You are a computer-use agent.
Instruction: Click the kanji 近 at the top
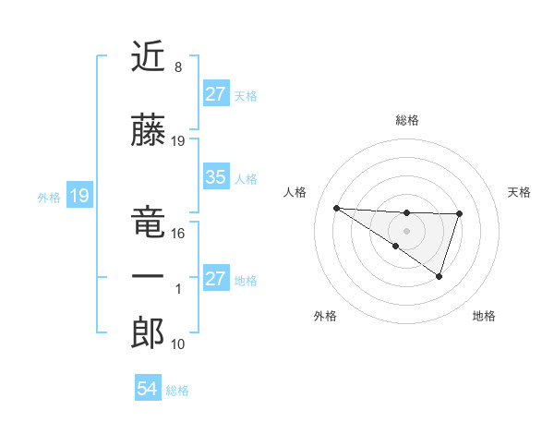149,57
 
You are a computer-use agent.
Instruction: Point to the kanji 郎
149,332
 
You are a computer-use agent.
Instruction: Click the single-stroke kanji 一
149,275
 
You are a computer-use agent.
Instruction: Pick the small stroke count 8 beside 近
177,67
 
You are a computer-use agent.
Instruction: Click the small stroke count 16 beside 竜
178,234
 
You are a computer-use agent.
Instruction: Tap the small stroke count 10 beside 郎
178,344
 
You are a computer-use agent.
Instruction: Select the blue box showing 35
215,177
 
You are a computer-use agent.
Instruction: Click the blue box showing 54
147,389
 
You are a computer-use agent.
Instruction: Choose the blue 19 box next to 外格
78,196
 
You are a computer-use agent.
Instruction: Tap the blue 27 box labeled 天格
215,94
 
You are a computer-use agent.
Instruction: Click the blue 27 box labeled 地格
215,279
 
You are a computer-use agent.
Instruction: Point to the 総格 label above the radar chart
406,120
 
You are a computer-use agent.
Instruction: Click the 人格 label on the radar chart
295,192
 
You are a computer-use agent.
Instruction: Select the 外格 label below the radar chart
325,316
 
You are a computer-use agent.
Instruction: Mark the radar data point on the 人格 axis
336,208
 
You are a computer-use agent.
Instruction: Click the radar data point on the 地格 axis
440,276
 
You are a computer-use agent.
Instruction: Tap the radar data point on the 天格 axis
459,213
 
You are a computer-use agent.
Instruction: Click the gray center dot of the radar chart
406,230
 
